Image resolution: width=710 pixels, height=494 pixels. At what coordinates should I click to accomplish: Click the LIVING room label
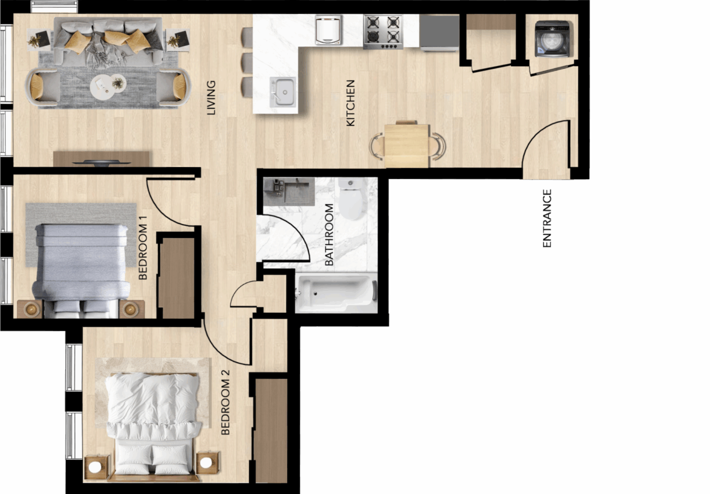211,98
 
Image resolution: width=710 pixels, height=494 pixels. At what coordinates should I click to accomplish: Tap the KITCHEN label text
350,103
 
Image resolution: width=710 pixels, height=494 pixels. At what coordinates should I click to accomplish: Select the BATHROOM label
329,235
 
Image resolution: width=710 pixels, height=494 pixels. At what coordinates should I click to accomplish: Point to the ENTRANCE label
547,218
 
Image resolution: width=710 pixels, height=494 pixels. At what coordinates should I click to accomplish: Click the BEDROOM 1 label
143,247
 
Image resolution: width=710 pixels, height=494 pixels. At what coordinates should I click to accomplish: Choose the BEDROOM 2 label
225,402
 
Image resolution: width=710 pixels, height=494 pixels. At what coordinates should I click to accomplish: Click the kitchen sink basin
283,92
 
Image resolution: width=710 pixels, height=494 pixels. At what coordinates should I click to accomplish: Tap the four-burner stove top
383,32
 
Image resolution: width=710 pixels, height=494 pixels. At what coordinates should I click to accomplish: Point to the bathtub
337,293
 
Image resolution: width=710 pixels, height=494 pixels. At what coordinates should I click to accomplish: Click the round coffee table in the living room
108,86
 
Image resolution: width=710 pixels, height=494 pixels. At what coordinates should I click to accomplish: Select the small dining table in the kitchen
407,146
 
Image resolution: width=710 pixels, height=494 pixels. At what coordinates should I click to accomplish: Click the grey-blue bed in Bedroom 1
81,271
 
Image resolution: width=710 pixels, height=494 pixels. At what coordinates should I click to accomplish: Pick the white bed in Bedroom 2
153,425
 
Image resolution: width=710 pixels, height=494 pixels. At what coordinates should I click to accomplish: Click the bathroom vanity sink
289,191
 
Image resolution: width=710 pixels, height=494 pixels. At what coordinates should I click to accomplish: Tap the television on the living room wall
101,163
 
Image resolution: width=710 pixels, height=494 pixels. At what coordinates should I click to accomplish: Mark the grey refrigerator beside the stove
439,33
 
